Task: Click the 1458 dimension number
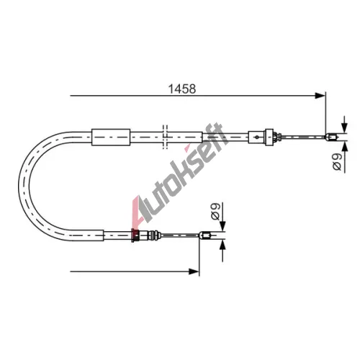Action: click(182, 89)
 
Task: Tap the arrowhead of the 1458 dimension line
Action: click(320, 96)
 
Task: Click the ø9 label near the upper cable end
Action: click(337, 162)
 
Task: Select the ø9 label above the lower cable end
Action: click(215, 211)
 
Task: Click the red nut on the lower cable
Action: click(135, 235)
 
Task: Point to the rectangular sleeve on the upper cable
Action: click(111, 138)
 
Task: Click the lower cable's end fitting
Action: click(205, 235)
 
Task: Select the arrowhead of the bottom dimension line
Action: click(194, 271)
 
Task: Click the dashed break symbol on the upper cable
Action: click(165, 137)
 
